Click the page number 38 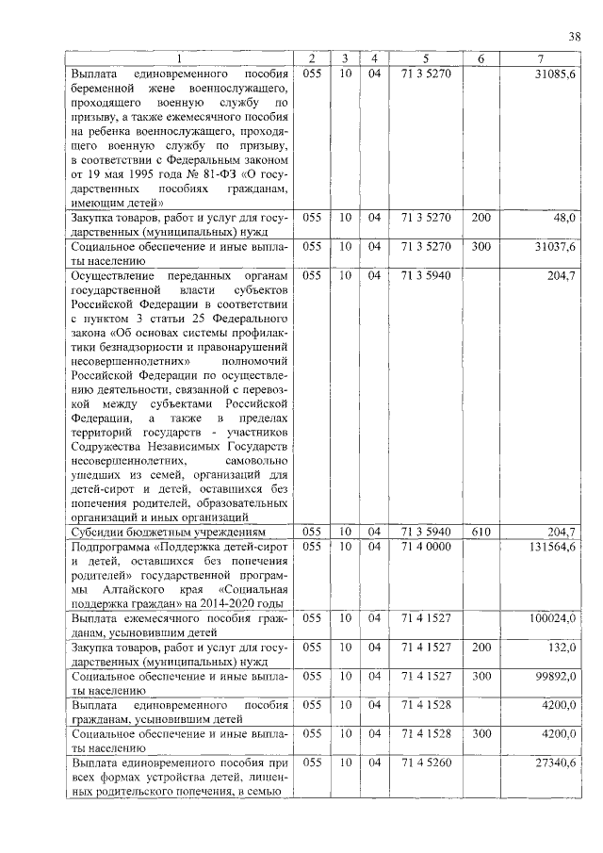pyautogui.click(x=574, y=37)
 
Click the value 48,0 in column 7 pyautogui.click(x=563, y=217)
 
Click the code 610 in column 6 pyautogui.click(x=481, y=533)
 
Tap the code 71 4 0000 pyautogui.click(x=419, y=547)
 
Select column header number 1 pyautogui.click(x=180, y=59)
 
